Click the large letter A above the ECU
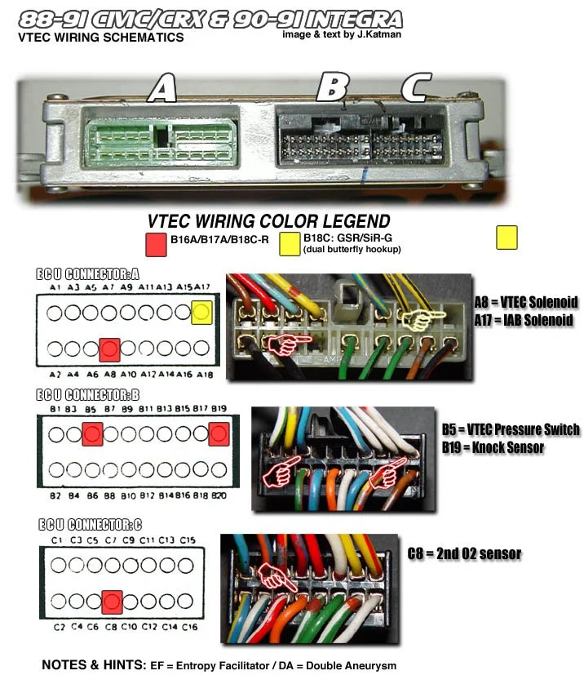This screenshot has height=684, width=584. (162, 88)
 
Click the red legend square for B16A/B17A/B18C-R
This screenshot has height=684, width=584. (155, 242)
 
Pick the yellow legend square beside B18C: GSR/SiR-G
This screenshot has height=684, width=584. (290, 242)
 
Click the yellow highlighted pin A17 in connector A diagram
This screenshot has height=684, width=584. (203, 311)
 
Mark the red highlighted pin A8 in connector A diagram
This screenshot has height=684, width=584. (110, 349)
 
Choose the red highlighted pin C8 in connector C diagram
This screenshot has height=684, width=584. (113, 602)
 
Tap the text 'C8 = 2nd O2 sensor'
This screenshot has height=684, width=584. (464, 553)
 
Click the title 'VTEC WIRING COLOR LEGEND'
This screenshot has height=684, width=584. (268, 221)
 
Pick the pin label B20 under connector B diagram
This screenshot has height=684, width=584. (219, 495)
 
